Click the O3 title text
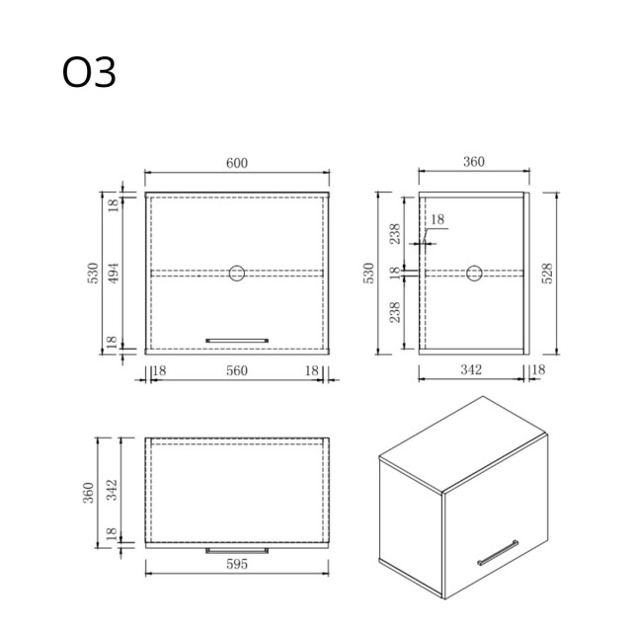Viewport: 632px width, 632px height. coord(89,72)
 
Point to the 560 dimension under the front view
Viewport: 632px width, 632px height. coord(236,370)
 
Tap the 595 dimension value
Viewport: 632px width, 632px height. coord(236,565)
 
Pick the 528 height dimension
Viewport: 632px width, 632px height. coord(548,272)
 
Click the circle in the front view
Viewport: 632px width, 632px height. coord(237,272)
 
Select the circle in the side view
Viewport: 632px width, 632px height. coord(474,272)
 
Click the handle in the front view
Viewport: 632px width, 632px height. coord(236,340)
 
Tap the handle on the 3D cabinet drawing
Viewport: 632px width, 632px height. coord(498,552)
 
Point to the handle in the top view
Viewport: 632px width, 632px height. coord(236,550)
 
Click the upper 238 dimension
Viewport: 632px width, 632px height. coord(394,233)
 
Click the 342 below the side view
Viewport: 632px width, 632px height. coord(471,370)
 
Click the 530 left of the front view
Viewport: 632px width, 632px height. coord(92,272)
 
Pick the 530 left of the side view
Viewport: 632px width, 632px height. coord(369,272)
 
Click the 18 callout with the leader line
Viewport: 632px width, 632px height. coord(438,219)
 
